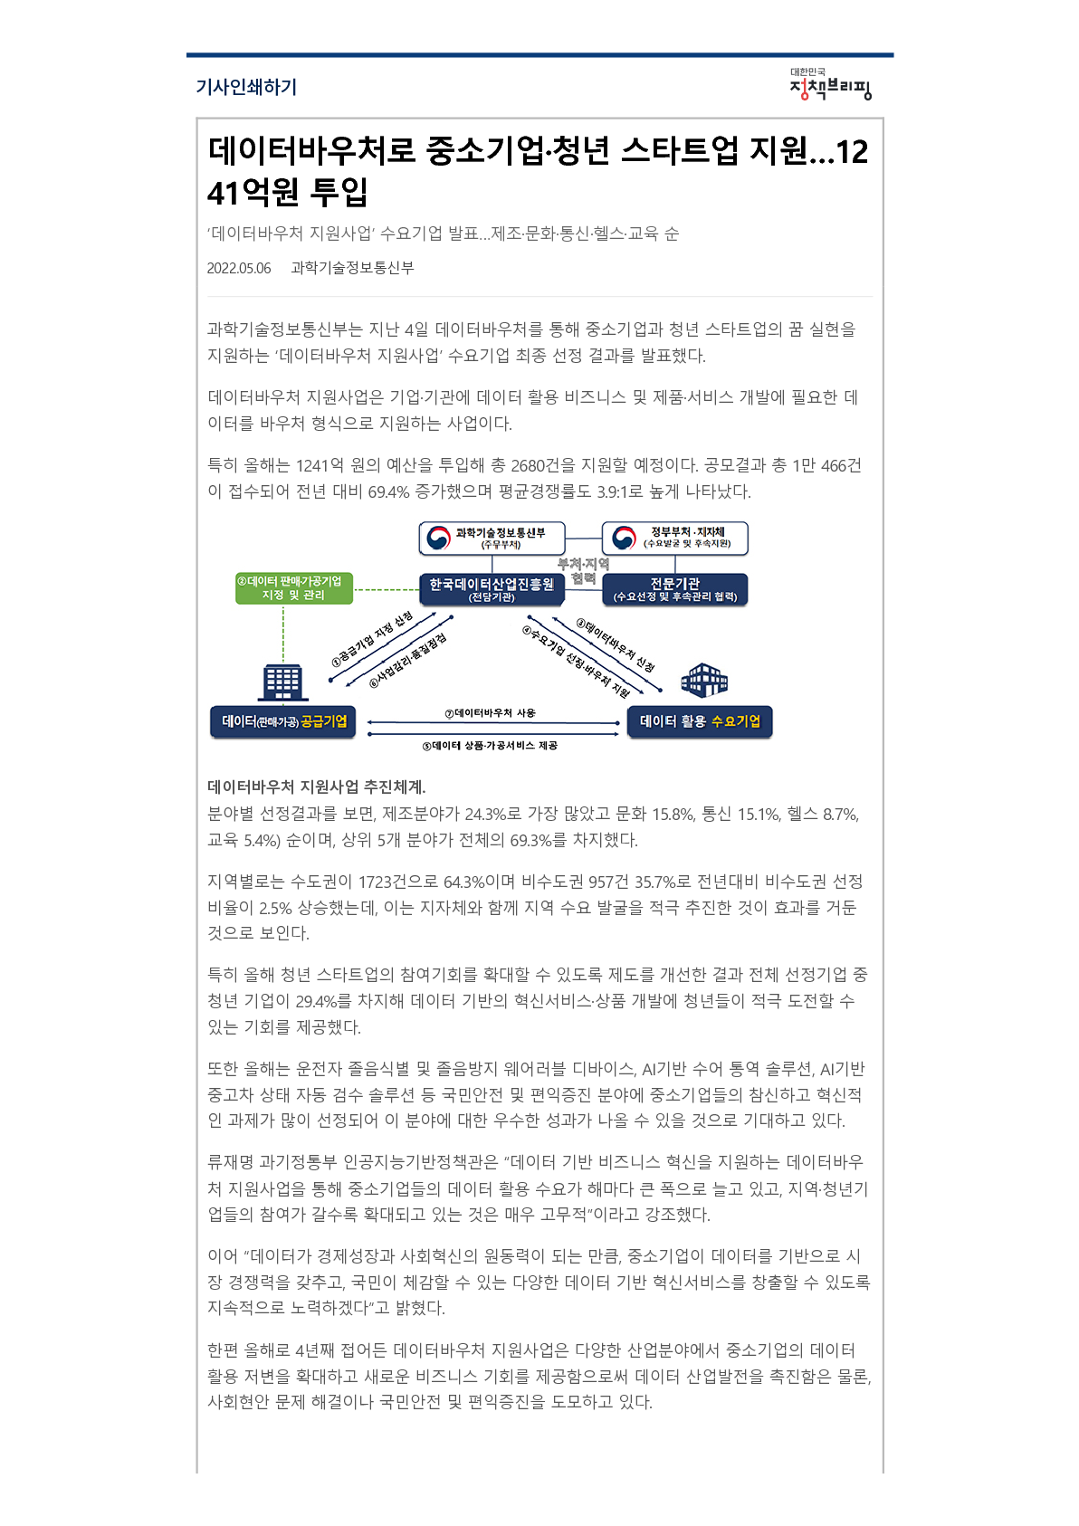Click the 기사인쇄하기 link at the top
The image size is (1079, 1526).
pyautogui.click(x=246, y=87)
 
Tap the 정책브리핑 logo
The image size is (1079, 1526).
pyautogui.click(x=830, y=84)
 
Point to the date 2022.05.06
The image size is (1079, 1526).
pyautogui.click(x=239, y=268)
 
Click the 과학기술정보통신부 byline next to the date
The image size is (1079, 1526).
pyautogui.click(x=352, y=268)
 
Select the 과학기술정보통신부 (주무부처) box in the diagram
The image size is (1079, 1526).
pyautogui.click(x=492, y=539)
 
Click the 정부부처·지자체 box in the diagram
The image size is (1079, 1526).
pyautogui.click(x=675, y=539)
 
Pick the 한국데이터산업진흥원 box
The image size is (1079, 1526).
pyautogui.click(x=492, y=589)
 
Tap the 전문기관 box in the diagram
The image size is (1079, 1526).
pyautogui.click(x=675, y=589)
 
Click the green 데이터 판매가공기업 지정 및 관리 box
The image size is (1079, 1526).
pyautogui.click(x=294, y=588)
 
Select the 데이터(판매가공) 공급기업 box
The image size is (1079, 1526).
pyautogui.click(x=283, y=721)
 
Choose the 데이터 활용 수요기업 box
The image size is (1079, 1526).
pyautogui.click(x=700, y=721)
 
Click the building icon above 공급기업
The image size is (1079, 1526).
pyautogui.click(x=282, y=682)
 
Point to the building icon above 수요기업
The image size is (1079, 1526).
pyautogui.click(x=704, y=680)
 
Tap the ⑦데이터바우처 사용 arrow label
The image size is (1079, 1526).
pyautogui.click(x=490, y=712)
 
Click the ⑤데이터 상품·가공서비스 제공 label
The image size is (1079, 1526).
pyautogui.click(x=490, y=745)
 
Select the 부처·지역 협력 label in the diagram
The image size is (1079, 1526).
pyautogui.click(x=583, y=571)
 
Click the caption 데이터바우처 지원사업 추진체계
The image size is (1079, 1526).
pyautogui.click(x=317, y=787)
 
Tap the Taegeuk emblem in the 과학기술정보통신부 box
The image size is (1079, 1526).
pyautogui.click(x=439, y=539)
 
